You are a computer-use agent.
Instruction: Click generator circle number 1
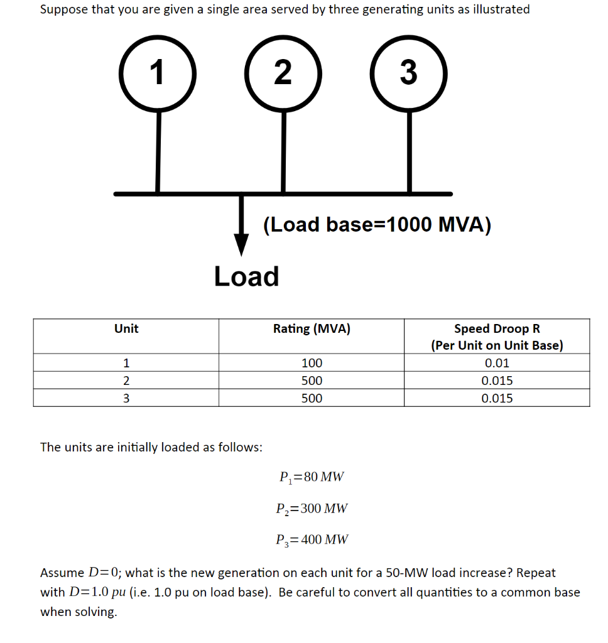(157, 73)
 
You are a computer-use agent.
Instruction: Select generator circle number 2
(283, 73)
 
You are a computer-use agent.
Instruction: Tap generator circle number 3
(409, 73)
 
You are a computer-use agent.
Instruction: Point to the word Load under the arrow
(246, 276)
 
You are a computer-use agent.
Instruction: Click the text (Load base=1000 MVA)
(377, 224)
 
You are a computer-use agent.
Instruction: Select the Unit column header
(126, 328)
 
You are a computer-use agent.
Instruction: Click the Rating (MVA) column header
(312, 328)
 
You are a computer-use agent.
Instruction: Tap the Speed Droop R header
(497, 328)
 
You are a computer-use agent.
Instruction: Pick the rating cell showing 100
(312, 363)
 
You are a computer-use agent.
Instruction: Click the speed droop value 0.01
(497, 363)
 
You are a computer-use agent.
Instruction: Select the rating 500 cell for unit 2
(312, 381)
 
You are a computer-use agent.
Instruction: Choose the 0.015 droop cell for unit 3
(497, 398)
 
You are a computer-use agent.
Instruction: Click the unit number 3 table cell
(126, 398)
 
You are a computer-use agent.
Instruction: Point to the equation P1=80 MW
(311, 477)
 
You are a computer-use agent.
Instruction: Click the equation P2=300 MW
(311, 508)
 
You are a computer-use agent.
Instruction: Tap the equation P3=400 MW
(311, 539)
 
